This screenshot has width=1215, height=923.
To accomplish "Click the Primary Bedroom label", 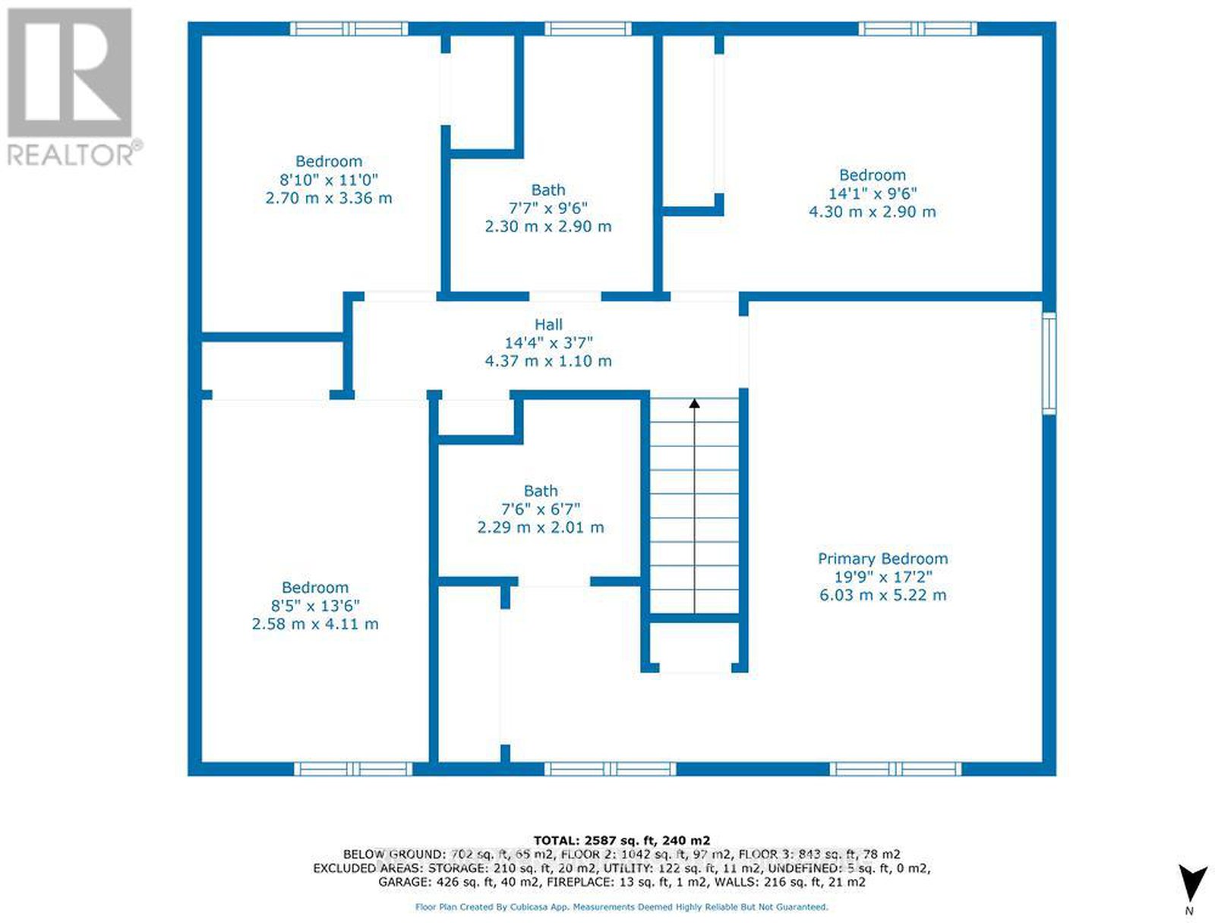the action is click(883, 559).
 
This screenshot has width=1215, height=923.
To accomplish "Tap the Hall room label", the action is click(548, 325).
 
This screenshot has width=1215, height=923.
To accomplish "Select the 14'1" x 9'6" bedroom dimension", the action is click(873, 194).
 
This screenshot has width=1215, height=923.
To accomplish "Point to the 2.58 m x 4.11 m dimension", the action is click(315, 624).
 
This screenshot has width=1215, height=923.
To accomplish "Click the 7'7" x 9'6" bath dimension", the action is click(548, 209).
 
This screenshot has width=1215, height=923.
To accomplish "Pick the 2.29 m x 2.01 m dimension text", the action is click(541, 527).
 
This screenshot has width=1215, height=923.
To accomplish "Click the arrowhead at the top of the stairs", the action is click(694, 403).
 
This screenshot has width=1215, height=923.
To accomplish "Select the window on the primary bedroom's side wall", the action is click(1049, 364).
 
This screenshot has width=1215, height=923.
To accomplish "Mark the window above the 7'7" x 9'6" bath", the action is click(588, 29).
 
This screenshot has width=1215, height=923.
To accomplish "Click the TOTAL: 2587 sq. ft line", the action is click(622, 841).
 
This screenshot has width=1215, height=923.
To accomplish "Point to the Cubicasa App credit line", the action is click(622, 907).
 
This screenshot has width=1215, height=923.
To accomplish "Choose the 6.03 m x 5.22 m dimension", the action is click(883, 595).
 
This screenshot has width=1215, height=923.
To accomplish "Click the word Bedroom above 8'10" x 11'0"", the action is click(329, 162).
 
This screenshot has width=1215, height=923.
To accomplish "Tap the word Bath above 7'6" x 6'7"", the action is click(541, 490).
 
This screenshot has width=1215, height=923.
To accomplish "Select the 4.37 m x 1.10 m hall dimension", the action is click(548, 361).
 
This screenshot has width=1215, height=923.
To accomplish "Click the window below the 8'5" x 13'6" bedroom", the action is click(353, 769).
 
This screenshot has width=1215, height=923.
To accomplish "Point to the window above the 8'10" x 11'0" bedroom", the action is click(349, 29).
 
